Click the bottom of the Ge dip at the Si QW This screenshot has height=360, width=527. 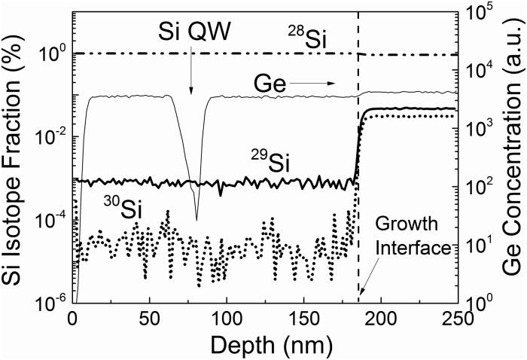coord(197,220)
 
